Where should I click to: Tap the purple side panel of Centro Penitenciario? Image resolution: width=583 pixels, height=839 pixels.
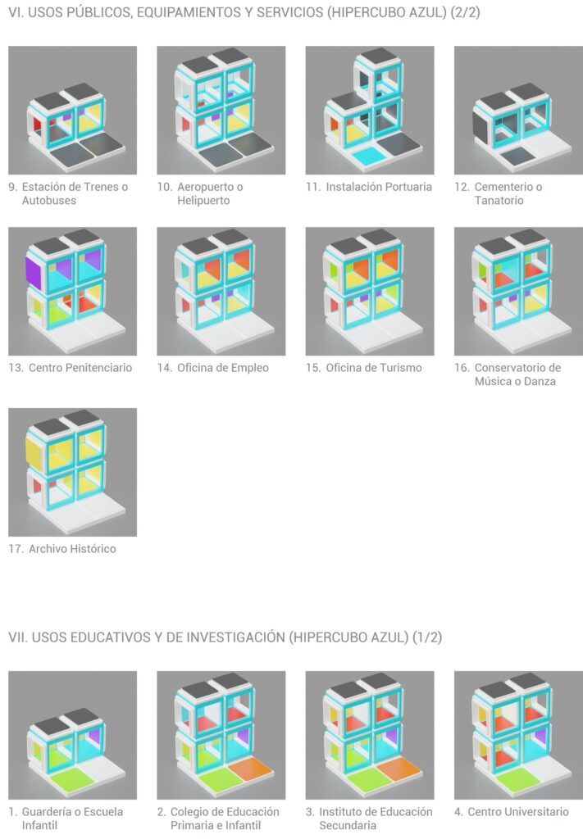coord(33,270)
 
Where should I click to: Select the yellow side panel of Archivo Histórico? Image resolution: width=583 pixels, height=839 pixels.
coord(33,453)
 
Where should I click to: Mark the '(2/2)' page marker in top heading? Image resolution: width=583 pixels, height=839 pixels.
coord(465,12)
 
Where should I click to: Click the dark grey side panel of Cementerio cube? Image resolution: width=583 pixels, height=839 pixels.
coord(481,125)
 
